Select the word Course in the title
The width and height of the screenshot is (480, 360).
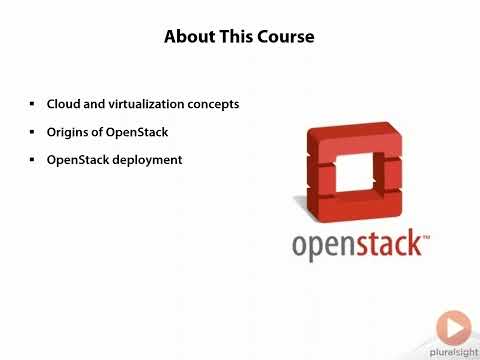pyautogui.click(x=285, y=38)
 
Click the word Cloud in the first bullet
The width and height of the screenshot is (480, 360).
pyautogui.click(x=64, y=104)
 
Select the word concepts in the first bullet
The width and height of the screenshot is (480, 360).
pyautogui.click(x=211, y=104)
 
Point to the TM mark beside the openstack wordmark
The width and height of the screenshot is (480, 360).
pyautogui.click(x=427, y=237)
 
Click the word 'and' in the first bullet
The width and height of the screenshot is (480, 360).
pyautogui.click(x=93, y=104)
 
